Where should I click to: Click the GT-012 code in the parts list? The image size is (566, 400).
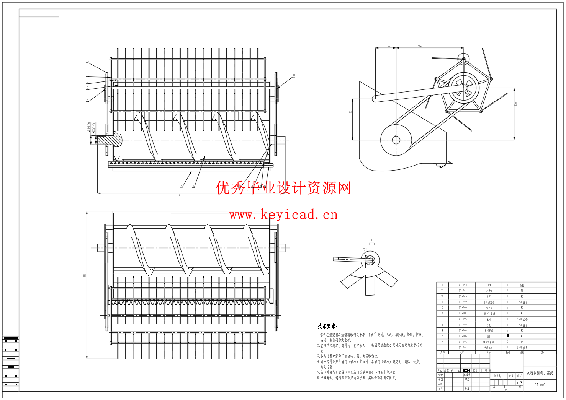coord(463,285)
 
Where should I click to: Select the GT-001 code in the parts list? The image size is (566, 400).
coord(463,348)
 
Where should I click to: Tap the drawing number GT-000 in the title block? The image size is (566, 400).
coord(540,385)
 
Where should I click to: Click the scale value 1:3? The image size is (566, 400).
coord(519,383)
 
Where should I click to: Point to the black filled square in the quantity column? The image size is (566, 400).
coord(508,336)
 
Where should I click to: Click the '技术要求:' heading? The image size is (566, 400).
coord(327,326)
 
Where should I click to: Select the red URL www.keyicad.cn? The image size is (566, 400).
coord(283,215)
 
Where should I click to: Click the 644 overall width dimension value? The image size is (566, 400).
coord(181,195)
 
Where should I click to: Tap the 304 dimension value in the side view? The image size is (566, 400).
coord(420,46)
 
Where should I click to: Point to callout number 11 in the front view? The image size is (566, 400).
coord(294,75)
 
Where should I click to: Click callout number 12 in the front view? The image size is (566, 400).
coord(87,61)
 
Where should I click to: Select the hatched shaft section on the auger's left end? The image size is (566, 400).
coord(110,140)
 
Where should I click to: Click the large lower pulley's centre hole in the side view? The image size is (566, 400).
coord(396,140)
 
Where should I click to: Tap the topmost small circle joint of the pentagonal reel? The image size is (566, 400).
coord(463,59)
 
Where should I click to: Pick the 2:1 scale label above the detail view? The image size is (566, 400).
coord(371,244)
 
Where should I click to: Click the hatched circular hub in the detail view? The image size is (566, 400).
coord(369,260)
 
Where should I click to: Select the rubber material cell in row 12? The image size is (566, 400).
coord(522,285)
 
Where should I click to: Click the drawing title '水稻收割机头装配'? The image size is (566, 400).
coord(540,373)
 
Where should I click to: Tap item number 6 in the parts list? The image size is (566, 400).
coord(442,319)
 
